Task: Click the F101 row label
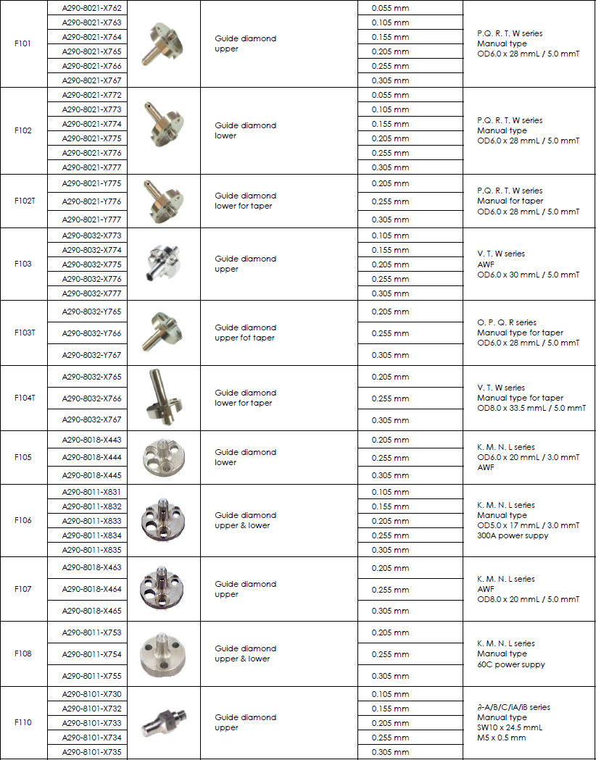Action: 23,43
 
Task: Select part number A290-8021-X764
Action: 92,37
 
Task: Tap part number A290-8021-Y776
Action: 92,201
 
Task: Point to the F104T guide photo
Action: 162,397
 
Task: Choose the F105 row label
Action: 23,457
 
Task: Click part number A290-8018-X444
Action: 92,458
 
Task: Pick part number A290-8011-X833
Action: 92,521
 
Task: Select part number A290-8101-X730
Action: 92,694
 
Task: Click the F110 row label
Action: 23,722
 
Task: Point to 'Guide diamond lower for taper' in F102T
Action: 245,201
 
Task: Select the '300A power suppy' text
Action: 513,535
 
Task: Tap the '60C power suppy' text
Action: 511,664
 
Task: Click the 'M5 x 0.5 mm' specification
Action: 502,738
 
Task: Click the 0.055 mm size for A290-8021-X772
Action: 390,95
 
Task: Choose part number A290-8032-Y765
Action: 92,312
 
